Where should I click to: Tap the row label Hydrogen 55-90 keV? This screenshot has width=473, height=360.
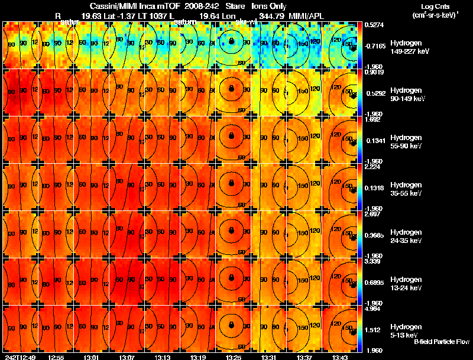click(x=407, y=141)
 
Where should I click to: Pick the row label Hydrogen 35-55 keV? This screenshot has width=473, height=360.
click(x=407, y=189)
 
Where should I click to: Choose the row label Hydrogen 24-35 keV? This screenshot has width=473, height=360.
click(x=407, y=236)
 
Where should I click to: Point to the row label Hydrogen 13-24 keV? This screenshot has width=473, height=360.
click(x=407, y=284)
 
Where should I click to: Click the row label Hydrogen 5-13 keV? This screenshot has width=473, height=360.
click(x=406, y=330)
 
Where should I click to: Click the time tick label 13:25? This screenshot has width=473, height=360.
click(x=234, y=357)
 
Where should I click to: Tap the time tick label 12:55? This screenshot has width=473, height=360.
click(x=56, y=357)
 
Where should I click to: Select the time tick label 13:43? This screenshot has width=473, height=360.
click(x=340, y=357)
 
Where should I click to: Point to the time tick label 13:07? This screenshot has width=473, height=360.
click(x=127, y=357)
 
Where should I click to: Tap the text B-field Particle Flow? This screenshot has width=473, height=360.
click(x=442, y=342)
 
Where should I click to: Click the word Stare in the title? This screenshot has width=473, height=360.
click(x=235, y=6)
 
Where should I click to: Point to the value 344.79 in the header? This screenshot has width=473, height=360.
click(x=272, y=16)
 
